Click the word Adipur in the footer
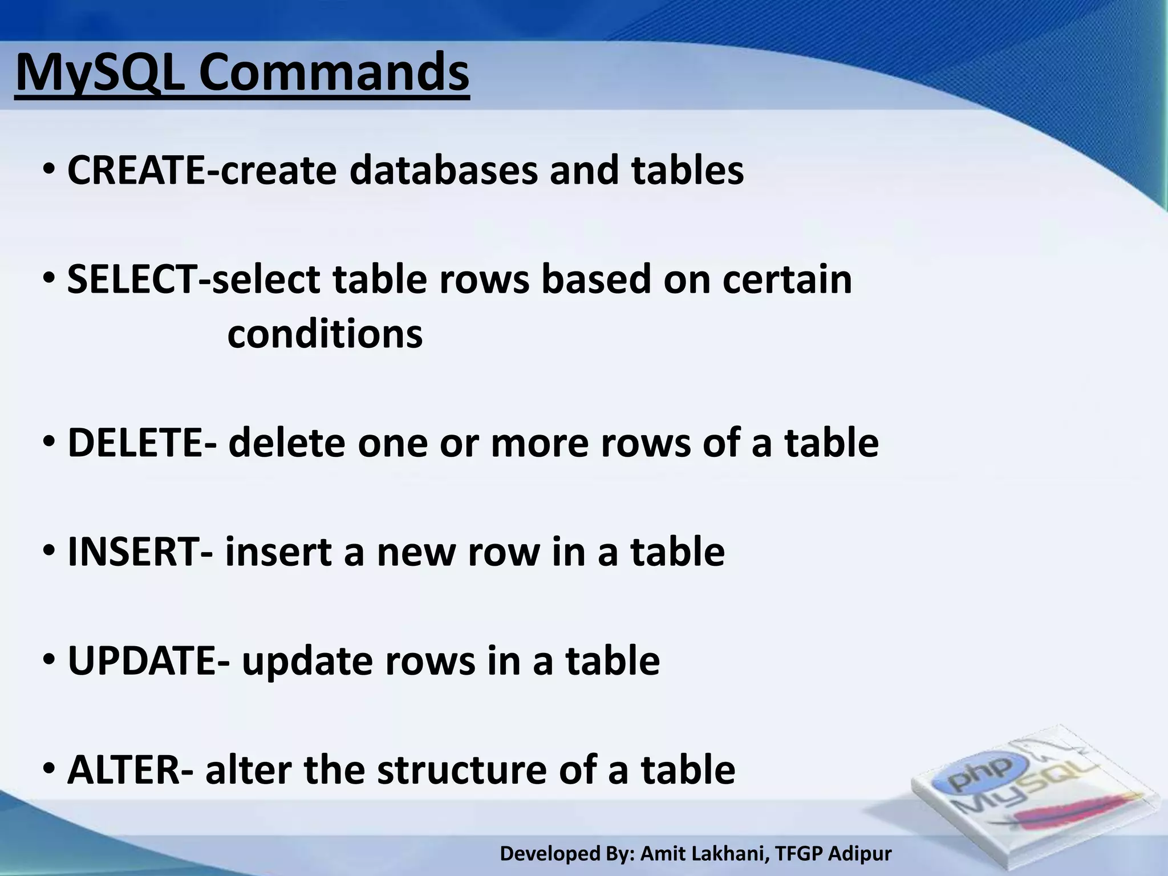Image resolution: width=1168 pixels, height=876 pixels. pos(859,854)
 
